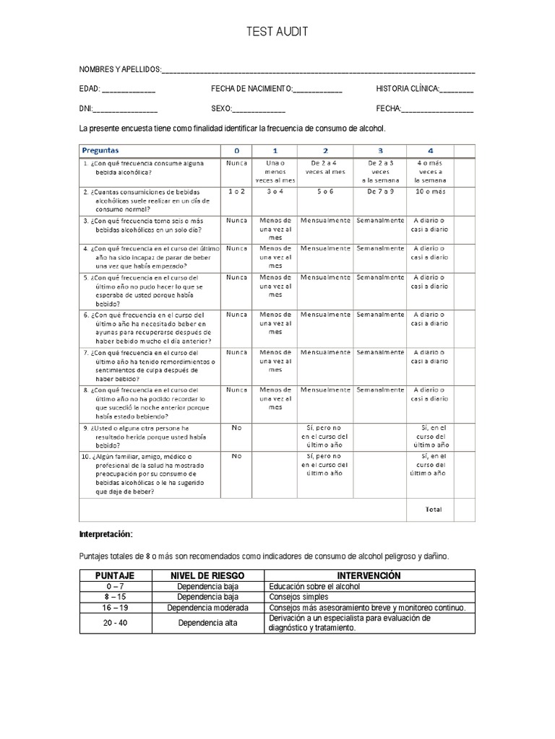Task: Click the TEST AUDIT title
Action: coord(277,32)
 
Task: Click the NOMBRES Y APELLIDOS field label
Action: coord(120,69)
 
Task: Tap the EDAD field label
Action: coord(90,89)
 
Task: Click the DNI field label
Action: coord(85,108)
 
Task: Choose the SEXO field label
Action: coord(221,108)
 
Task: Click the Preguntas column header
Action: coord(101,150)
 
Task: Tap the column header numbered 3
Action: coord(380,150)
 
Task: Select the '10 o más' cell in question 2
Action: coord(430,192)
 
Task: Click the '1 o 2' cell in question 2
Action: coord(236,192)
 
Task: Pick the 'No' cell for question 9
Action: coord(236,427)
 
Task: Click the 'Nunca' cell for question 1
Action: coord(236,163)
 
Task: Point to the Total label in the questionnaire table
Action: coord(434,510)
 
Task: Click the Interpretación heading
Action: coord(106,534)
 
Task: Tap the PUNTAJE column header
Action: coord(115,575)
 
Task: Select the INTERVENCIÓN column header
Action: coord(369,575)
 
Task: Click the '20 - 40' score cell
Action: coord(115,623)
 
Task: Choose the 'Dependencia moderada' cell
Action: coord(207,608)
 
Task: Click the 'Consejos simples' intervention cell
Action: coord(298,597)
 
